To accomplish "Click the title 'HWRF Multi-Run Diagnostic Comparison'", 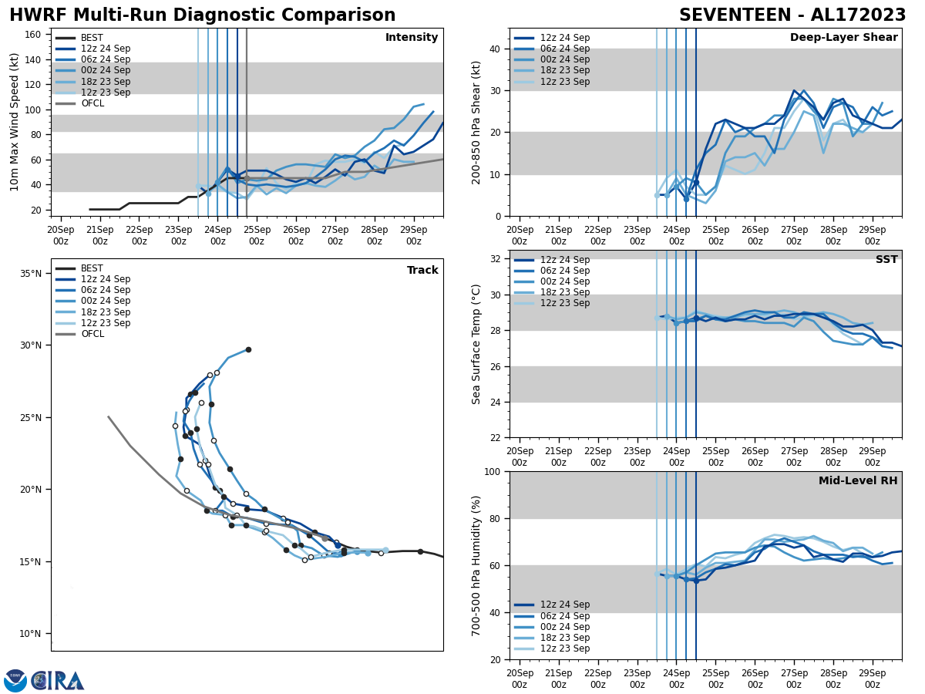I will coord(202,15).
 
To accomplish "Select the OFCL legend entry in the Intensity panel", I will coord(92,103).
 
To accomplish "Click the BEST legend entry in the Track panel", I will coord(92,268).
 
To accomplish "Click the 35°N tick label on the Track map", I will coord(30,273).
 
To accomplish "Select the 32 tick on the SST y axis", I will coord(496,259).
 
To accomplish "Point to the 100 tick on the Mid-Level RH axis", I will coord(493,471).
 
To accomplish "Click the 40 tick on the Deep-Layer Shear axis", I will coord(496,49).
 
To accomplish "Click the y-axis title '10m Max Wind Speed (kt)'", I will coord(15,122).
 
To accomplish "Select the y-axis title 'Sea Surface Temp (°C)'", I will coord(476,344).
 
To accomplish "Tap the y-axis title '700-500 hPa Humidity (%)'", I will coord(476,565).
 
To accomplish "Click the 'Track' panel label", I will coord(422,271).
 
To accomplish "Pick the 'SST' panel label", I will coord(886,260).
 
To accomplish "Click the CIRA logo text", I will coord(58,680).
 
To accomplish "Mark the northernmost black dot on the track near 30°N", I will coord(248,349).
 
